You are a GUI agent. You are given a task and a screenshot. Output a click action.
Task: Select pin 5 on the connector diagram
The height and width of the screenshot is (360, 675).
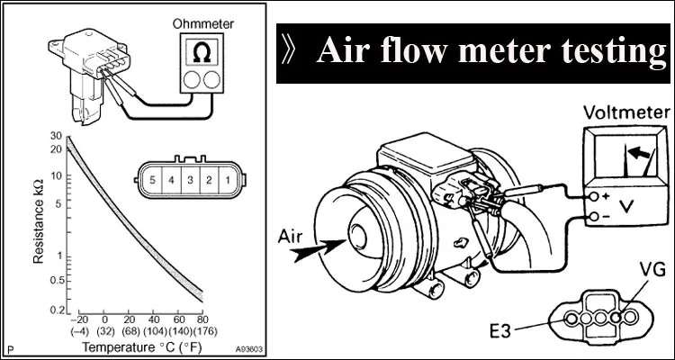point(154,181)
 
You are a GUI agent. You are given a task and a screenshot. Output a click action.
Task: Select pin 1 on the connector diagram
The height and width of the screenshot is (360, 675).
point(228,181)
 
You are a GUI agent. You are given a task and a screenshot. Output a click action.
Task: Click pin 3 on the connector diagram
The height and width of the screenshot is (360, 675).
point(191,181)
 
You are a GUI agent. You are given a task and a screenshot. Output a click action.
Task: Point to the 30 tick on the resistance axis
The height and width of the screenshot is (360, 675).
point(57,136)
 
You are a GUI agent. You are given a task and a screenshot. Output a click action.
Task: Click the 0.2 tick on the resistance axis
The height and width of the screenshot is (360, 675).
point(57,310)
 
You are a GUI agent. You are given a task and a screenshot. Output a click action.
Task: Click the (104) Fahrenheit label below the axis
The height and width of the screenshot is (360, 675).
point(154,331)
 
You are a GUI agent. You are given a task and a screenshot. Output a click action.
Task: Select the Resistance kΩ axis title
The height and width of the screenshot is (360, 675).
point(39,220)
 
